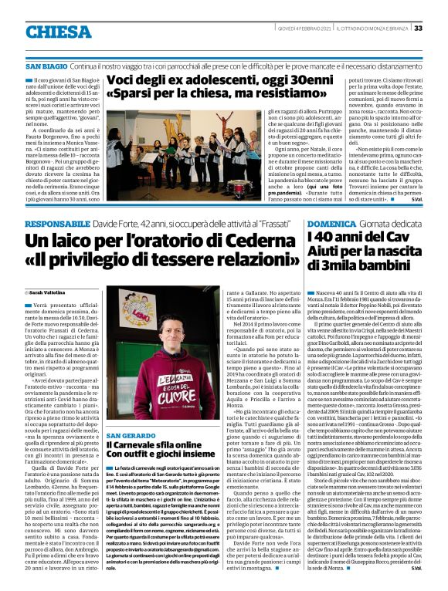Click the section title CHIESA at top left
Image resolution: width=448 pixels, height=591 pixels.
click(x=58, y=32)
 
